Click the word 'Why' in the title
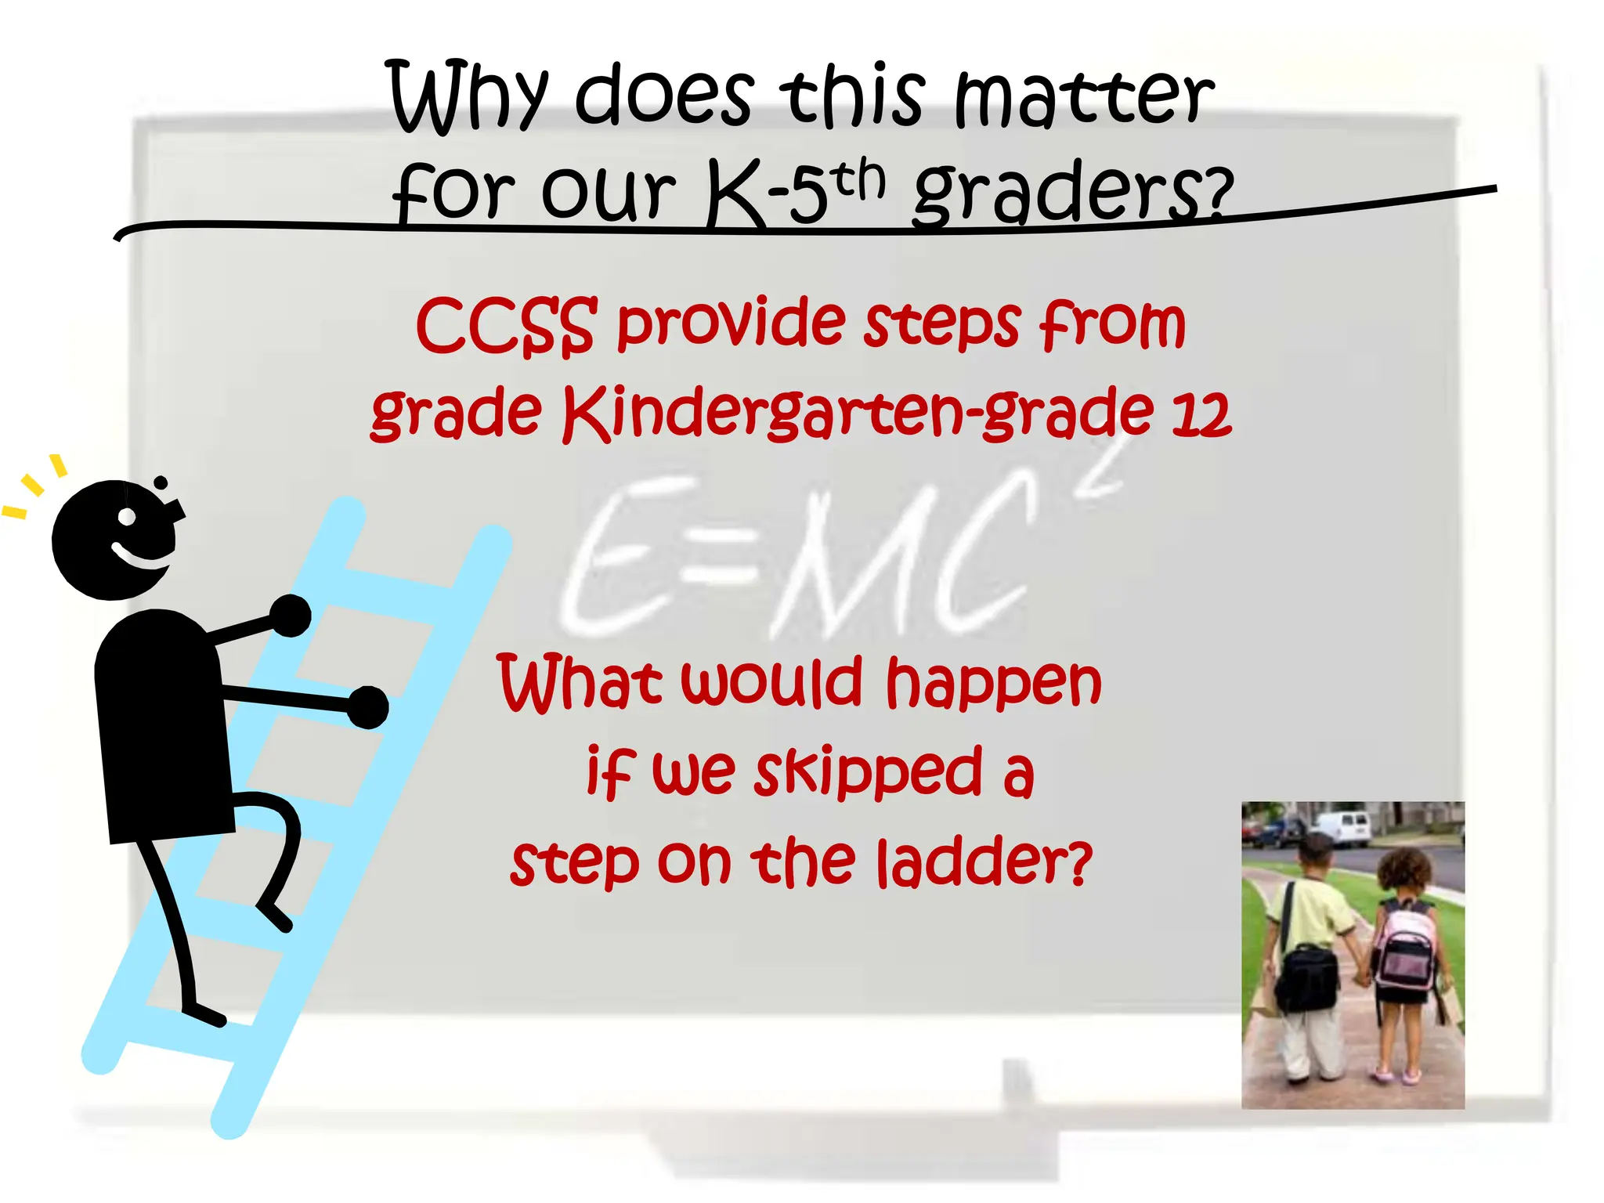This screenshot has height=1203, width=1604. pos(467,98)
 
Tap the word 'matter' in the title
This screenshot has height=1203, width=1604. pos(1084,98)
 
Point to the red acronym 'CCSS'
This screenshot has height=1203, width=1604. pos(505,325)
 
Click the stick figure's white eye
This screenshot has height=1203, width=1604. pos(127,517)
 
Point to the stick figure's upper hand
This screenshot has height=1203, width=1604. pos(291,616)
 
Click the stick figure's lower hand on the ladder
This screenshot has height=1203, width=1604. pos(367,707)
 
